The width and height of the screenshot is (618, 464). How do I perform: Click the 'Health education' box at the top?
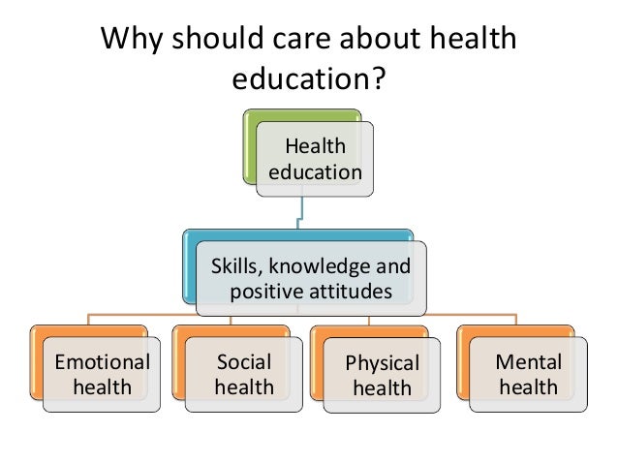click(315, 160)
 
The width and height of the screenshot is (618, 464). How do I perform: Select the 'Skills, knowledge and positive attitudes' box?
click(310, 278)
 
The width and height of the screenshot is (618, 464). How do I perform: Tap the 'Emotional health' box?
click(102, 376)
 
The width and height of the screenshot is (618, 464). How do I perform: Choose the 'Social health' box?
click(243, 376)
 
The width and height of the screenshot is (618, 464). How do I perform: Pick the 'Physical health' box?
click(382, 376)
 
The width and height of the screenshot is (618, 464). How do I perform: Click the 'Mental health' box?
click(527, 376)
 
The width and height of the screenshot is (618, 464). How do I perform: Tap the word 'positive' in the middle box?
click(268, 291)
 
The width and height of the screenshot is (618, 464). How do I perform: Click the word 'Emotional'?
click(102, 363)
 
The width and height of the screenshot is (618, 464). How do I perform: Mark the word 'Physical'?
click(382, 365)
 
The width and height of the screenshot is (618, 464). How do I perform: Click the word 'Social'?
click(243, 363)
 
